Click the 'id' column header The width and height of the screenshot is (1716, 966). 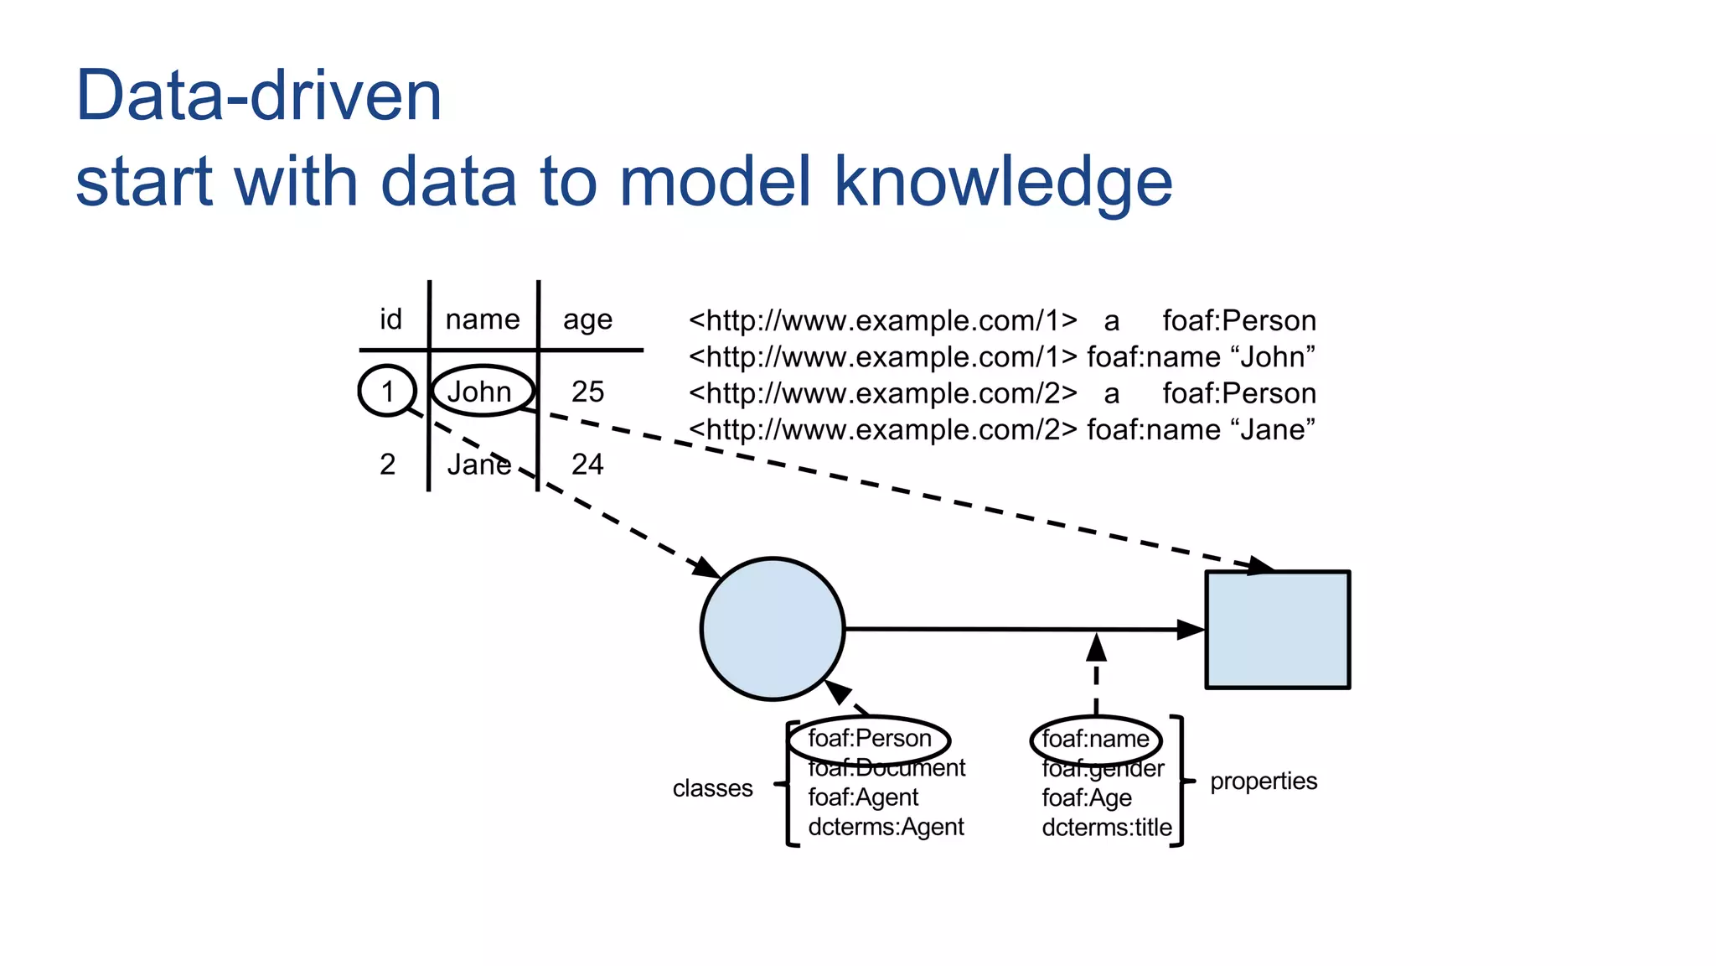[390, 319]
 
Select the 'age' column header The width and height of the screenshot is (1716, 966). [587, 319]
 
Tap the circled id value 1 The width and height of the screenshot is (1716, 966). [387, 391]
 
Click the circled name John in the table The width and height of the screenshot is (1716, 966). [479, 392]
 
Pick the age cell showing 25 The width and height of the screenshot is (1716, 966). [587, 392]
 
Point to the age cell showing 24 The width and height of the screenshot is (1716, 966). [587, 464]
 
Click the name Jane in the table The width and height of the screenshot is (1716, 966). [478, 464]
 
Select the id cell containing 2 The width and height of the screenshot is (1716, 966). [387, 464]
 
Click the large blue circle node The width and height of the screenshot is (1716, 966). [772, 628]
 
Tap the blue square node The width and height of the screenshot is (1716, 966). [1277, 630]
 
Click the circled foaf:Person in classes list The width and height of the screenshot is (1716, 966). [869, 739]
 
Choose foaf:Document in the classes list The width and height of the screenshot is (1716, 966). [886, 768]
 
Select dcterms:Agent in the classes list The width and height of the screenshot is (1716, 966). [886, 827]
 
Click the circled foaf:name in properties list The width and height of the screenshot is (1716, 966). [1095, 739]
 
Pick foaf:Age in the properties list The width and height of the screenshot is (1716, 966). [1087, 797]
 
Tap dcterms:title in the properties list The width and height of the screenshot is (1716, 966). [1107, 828]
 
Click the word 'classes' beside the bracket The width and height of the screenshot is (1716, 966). [712, 788]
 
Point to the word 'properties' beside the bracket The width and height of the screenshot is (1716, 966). [1264, 781]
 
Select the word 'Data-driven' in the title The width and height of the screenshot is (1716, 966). [258, 96]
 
